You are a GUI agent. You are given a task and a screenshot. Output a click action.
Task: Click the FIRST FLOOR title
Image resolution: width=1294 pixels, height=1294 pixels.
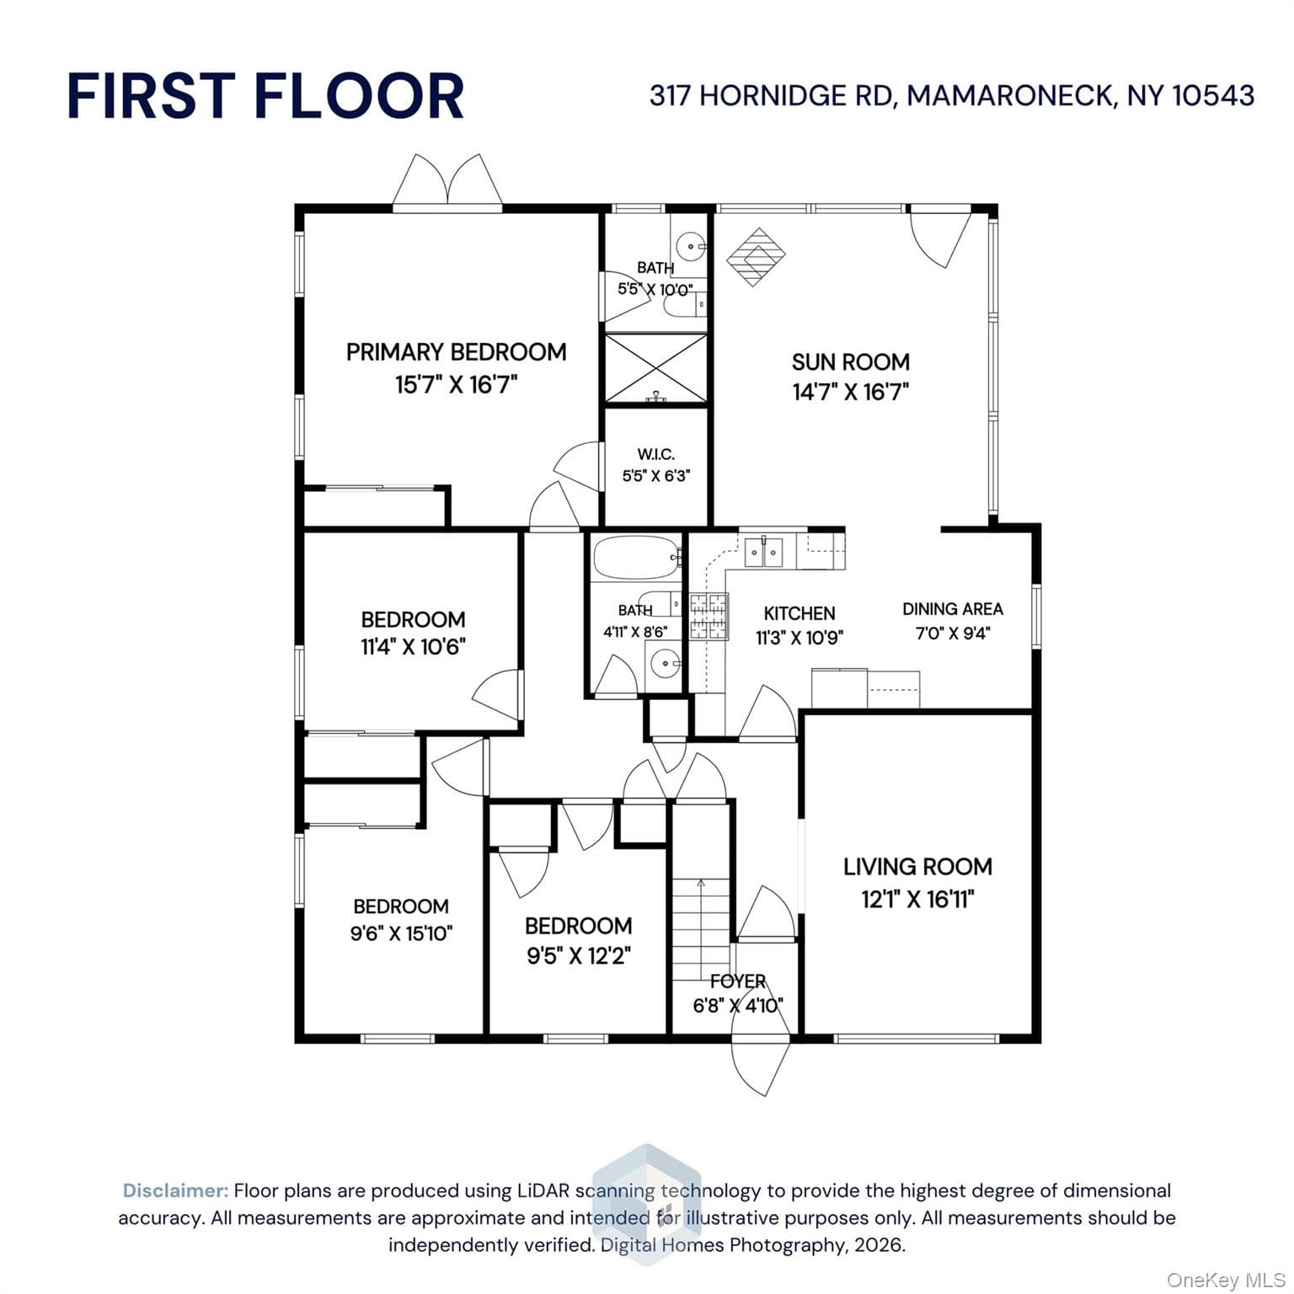[x=265, y=95]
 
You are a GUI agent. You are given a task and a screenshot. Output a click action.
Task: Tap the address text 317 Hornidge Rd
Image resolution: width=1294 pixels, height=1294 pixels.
[x=770, y=95]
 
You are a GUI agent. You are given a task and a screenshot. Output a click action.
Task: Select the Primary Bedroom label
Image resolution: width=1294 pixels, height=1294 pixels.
[x=456, y=352]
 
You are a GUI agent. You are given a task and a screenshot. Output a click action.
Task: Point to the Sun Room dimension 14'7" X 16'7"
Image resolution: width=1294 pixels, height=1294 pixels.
[x=851, y=392]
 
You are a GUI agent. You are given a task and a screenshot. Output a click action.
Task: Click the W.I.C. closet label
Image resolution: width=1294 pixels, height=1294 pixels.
[x=656, y=455]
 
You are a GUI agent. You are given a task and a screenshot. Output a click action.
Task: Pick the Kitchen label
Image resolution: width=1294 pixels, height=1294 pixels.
[x=799, y=613]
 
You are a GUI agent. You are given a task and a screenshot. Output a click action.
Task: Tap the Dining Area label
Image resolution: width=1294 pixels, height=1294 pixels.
[x=953, y=609]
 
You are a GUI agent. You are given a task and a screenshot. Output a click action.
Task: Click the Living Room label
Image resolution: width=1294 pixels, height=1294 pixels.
[x=918, y=867]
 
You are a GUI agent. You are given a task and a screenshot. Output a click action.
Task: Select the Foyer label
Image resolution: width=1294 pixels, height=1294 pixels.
[x=738, y=981]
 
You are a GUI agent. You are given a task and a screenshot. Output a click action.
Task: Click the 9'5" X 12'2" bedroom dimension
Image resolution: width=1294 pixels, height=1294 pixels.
[x=579, y=956]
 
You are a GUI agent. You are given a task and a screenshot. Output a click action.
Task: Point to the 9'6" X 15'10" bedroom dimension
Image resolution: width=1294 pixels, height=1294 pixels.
[x=402, y=933]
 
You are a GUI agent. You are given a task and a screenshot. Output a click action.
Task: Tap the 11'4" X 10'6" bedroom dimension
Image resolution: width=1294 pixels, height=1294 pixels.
[x=413, y=647]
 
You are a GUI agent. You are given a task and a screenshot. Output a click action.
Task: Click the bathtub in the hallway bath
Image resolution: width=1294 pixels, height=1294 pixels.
[x=636, y=558]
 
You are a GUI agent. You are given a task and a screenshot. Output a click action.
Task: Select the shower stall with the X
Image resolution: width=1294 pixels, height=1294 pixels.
[x=656, y=368]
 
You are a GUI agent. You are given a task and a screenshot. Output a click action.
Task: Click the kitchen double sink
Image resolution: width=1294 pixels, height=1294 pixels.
[x=764, y=553]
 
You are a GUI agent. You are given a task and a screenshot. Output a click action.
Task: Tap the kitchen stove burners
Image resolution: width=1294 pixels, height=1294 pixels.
[x=708, y=616]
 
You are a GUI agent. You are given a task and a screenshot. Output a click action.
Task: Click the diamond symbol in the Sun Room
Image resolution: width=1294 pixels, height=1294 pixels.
[x=757, y=257]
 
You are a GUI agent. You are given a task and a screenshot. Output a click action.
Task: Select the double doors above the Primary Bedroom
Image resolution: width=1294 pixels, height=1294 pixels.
[x=447, y=179]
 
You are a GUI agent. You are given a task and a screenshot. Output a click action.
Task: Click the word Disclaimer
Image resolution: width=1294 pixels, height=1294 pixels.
[x=175, y=1190]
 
